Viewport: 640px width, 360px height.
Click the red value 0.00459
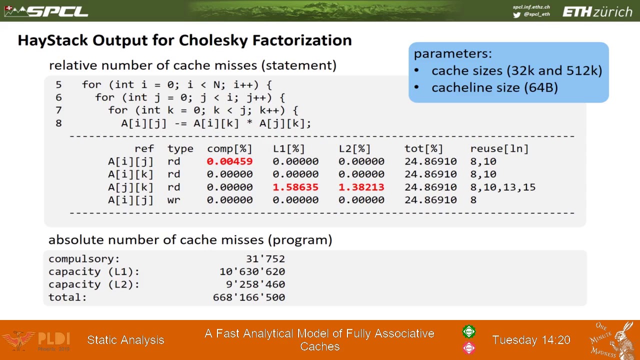[x=229, y=161]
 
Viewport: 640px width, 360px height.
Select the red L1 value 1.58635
[x=295, y=187]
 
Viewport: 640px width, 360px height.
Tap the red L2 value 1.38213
[x=361, y=187]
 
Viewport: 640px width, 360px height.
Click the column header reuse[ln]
[x=499, y=148]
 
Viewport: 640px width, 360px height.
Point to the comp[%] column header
[x=229, y=148]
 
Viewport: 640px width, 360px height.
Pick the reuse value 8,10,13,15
[x=502, y=187]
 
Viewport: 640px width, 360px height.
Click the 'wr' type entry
[x=173, y=200]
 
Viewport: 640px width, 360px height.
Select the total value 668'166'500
[x=249, y=297]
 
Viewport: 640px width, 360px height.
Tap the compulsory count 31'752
[x=265, y=259]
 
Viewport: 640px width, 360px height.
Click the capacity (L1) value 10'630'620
[x=252, y=271]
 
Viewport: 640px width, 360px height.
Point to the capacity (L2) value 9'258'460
[x=255, y=284]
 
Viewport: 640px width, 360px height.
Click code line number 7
[x=58, y=110]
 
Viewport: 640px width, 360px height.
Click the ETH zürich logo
[x=597, y=11]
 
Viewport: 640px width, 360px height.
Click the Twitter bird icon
[x=516, y=14]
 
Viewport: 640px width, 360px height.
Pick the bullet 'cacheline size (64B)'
[x=494, y=87]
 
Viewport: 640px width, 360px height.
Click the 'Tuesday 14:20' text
[x=531, y=340]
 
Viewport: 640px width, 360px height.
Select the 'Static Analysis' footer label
[x=125, y=340]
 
